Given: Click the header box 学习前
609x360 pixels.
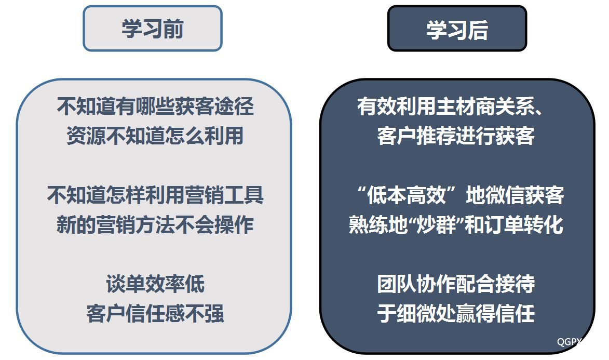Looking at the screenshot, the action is coord(153,29).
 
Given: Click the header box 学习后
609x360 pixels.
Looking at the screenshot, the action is coord(457,29).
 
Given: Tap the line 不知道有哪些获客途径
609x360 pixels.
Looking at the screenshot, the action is coord(155,106).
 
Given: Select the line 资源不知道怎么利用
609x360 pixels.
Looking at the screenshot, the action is coord(155,136).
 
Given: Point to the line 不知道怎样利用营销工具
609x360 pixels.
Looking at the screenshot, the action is coord(155,195).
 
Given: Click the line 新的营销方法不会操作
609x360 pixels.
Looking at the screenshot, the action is coord(155,224).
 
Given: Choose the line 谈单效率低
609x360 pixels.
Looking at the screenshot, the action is coord(155,284).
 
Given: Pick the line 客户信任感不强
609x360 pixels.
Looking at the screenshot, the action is coord(155,313).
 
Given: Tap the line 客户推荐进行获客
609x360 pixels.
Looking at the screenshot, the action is coord(456,136).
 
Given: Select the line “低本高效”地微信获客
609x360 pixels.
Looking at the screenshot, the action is coord(460,195).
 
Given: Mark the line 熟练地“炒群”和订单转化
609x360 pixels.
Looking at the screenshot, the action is coord(456,224).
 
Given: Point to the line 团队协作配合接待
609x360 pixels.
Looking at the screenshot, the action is coord(456,284).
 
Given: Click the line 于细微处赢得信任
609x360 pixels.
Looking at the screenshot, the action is coord(456,313).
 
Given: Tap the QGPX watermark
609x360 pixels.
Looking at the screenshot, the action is coord(570,342).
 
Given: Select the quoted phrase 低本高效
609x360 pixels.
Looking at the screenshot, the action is coord(407,195).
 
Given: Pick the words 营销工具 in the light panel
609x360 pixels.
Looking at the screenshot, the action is coord(224,195).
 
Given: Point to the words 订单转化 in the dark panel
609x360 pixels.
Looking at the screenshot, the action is coord(524,224).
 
